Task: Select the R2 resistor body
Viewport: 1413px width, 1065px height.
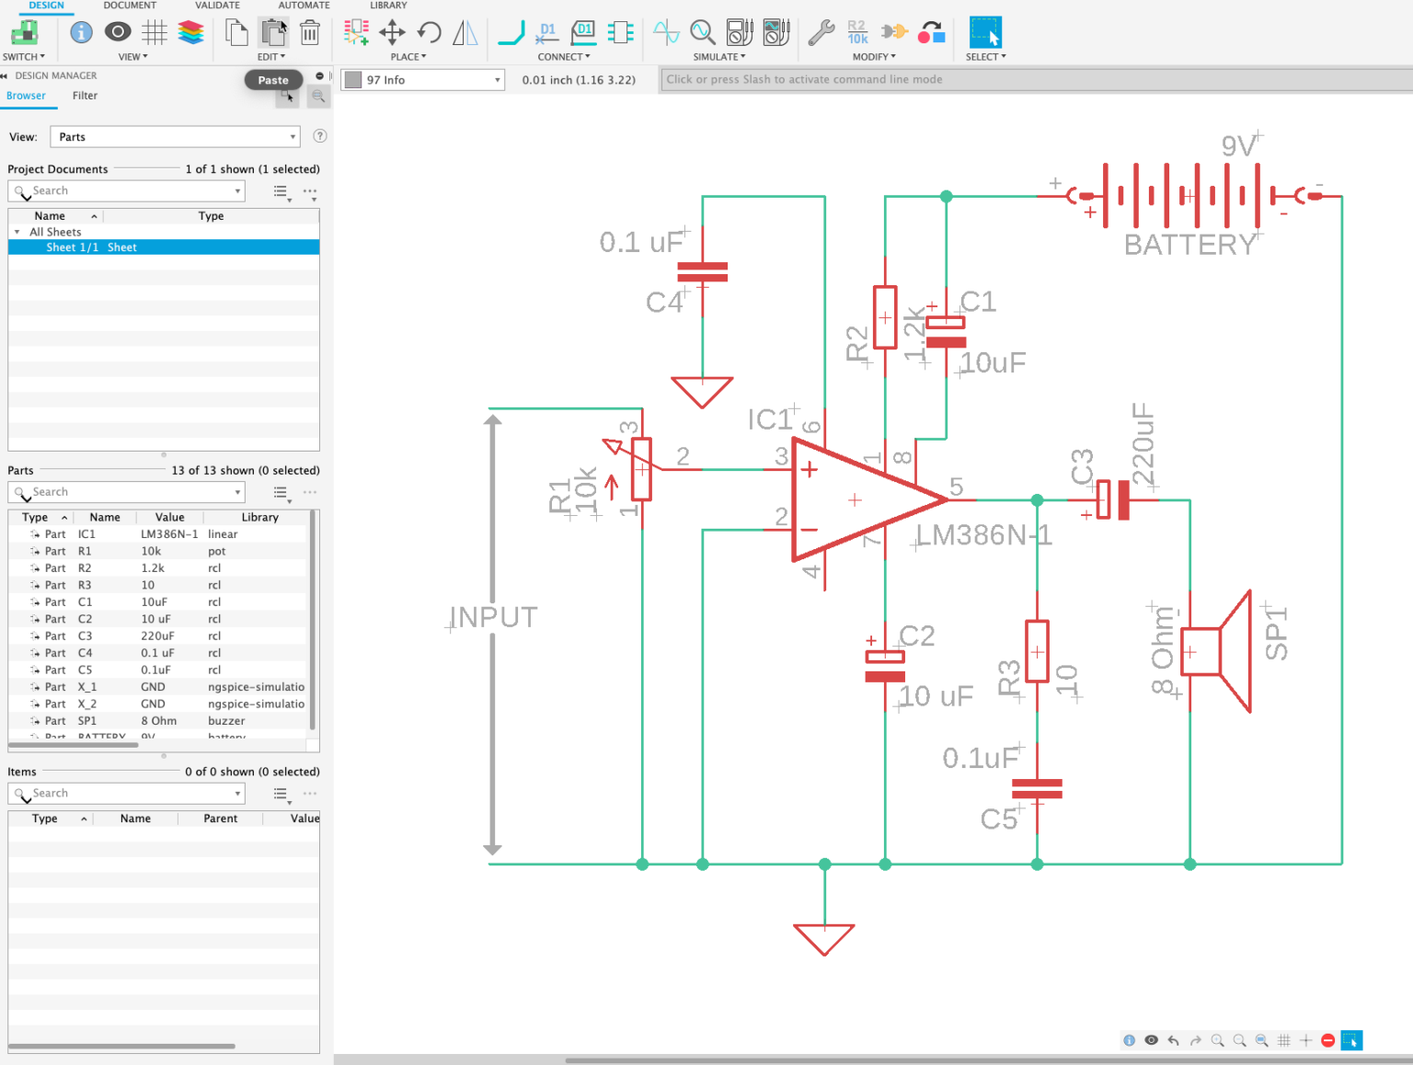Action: [x=885, y=317]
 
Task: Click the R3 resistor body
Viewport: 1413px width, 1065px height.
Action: [x=1037, y=651]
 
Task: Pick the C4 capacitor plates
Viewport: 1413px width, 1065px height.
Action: [x=702, y=272]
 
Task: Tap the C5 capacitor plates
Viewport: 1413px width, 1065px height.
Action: [x=1037, y=788]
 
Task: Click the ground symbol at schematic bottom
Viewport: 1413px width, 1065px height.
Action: [x=824, y=938]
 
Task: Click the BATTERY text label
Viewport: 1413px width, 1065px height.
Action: [x=1189, y=245]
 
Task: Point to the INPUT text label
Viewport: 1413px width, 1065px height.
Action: [x=494, y=617]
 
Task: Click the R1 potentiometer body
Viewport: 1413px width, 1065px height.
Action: [x=642, y=469]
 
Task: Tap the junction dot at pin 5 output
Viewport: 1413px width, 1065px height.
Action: [x=1037, y=500]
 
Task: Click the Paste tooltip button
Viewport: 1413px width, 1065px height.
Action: [x=273, y=80]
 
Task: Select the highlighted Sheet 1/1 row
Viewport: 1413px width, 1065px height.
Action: [x=164, y=247]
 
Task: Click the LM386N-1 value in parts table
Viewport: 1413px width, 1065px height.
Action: [x=169, y=534]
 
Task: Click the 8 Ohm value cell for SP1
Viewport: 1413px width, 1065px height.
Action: [x=159, y=721]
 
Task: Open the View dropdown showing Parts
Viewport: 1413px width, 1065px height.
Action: [x=175, y=137]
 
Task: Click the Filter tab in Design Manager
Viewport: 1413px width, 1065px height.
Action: [x=85, y=96]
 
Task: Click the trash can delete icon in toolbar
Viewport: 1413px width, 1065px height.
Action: [x=310, y=33]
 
